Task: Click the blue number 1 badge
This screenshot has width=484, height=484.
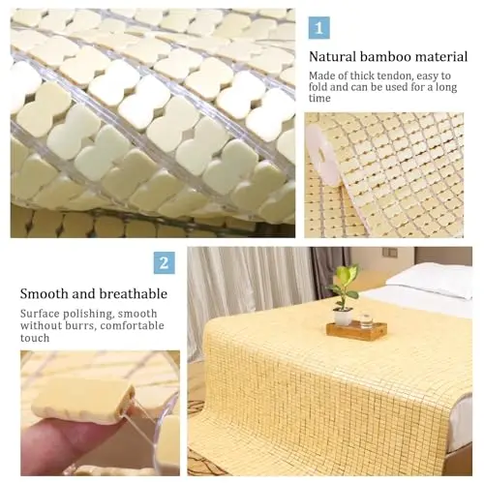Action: click(x=318, y=28)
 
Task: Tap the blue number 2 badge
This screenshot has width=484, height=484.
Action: click(x=165, y=263)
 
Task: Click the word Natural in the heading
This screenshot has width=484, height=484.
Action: click(x=332, y=57)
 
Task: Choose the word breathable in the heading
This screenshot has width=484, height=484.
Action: click(x=134, y=294)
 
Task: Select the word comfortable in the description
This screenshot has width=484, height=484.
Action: click(x=132, y=325)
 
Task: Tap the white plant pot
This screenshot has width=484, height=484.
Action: click(x=343, y=317)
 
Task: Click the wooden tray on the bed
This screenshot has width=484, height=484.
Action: click(x=356, y=330)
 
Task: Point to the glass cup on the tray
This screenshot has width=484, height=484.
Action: click(x=367, y=320)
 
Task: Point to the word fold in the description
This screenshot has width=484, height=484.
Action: click(x=318, y=87)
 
